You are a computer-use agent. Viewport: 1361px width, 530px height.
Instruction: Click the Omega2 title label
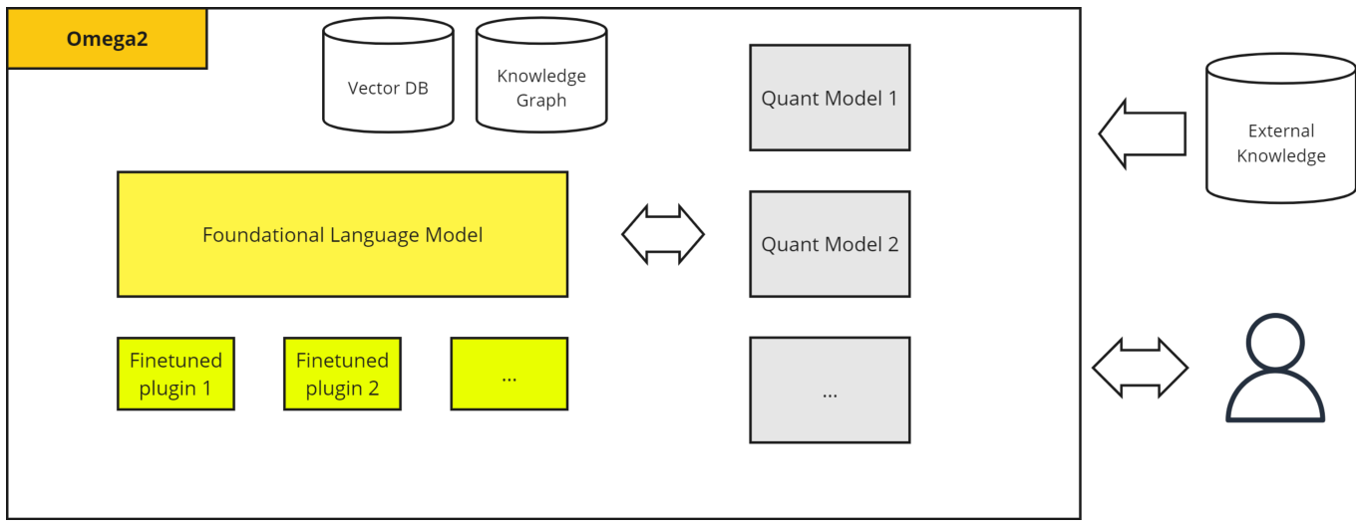(107, 39)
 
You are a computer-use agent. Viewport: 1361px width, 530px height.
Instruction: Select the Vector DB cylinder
(387, 80)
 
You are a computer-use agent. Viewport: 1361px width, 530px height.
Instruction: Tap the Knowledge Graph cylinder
(541, 80)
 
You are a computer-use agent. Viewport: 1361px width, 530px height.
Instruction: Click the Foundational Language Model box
(342, 235)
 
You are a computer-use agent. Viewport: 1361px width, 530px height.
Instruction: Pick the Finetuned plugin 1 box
(175, 374)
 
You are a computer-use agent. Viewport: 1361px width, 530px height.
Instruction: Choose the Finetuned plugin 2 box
(342, 374)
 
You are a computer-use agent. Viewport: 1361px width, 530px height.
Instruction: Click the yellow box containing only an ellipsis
(509, 374)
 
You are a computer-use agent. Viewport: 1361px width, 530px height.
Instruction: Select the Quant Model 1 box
(830, 98)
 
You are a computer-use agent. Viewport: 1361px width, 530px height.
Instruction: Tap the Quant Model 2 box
(830, 244)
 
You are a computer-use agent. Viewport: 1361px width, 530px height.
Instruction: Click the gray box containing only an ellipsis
(830, 390)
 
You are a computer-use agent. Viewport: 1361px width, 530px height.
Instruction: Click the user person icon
(1274, 369)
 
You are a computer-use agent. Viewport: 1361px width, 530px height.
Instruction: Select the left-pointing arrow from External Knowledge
(1142, 133)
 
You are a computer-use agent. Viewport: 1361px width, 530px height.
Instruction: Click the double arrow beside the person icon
(1140, 368)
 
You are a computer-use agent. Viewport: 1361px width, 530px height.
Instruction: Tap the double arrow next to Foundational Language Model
(663, 235)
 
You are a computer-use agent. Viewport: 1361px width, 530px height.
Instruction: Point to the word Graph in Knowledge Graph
(541, 101)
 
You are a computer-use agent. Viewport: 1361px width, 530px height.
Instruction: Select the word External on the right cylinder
(1281, 131)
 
